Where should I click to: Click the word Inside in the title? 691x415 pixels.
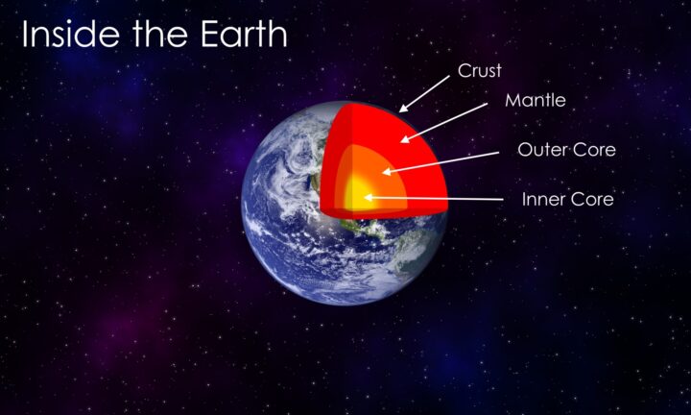70,34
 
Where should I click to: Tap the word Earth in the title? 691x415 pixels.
244,34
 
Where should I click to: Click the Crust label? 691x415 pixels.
480,70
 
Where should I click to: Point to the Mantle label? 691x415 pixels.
536,100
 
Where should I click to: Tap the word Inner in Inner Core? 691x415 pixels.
543,199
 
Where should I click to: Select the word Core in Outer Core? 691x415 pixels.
593,150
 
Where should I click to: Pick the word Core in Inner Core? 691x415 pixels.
591,199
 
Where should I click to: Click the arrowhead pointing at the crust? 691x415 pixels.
403,109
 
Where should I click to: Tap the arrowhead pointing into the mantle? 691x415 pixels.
405,139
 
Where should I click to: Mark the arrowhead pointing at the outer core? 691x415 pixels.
386,172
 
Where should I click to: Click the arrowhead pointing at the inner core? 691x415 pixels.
369,198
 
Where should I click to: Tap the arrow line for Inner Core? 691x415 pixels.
434,199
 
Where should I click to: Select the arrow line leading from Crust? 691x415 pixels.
424,93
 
